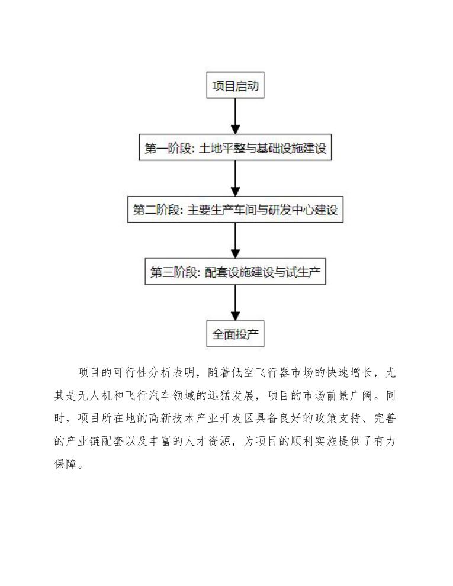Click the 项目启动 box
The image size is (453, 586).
pyautogui.click(x=236, y=87)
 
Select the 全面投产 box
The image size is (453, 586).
pyautogui.click(x=236, y=334)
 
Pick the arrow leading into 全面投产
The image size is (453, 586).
pyautogui.click(x=236, y=303)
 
